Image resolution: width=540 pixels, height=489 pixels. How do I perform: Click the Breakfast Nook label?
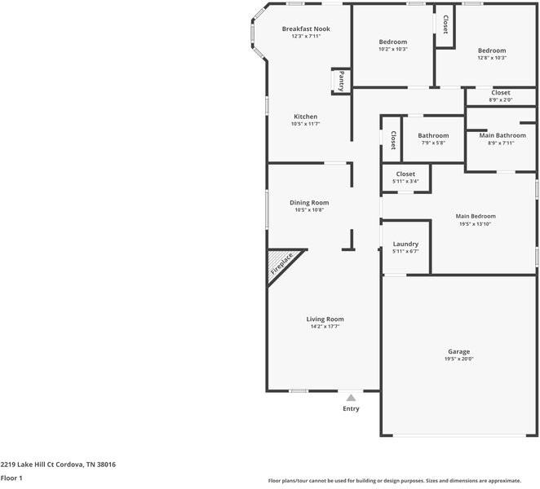(306, 29)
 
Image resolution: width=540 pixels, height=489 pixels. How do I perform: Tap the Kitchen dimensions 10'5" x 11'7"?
(306, 124)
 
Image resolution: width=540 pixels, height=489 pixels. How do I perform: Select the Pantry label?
(341, 81)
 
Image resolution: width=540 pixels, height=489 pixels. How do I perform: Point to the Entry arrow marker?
(351, 397)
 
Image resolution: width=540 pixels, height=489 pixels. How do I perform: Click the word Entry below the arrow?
(351, 408)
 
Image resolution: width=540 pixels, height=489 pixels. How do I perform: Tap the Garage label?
(458, 351)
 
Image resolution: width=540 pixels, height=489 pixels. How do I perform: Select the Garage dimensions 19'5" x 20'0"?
(458, 359)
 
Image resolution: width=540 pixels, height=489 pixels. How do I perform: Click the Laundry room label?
(405, 244)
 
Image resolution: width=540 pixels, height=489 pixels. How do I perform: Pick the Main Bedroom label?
(476, 216)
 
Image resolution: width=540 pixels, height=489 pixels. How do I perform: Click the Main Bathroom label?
(501, 135)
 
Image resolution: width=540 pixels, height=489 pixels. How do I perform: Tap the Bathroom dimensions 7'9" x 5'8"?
(433, 143)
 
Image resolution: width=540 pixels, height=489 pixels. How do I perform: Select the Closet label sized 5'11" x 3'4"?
(405, 181)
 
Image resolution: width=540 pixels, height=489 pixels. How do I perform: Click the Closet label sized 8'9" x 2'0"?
(500, 99)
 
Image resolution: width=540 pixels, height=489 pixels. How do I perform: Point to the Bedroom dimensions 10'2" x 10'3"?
(393, 49)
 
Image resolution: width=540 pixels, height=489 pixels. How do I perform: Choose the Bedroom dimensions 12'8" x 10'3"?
(492, 58)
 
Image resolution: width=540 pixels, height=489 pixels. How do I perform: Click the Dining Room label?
(309, 202)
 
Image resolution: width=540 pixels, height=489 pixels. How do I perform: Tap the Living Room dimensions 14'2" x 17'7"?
(325, 326)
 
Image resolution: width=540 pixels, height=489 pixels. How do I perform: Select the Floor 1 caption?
(11, 478)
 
